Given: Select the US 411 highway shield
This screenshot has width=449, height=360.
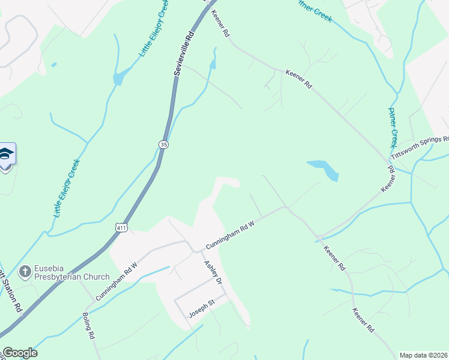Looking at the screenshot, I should click(121, 227).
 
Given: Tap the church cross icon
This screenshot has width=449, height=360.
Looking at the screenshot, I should click(25, 272).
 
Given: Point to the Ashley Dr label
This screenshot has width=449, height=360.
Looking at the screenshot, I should click(213, 272).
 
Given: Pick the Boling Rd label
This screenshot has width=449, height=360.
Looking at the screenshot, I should click(88, 326).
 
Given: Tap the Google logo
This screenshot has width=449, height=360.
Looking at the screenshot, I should click(20, 353).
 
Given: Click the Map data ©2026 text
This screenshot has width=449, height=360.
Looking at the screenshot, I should click(423, 355).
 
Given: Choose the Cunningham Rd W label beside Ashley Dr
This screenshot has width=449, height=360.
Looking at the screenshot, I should click(231, 235).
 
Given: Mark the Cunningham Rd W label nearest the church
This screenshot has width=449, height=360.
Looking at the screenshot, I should click(116, 281).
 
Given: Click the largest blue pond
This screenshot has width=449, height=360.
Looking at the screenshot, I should click(324, 169).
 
